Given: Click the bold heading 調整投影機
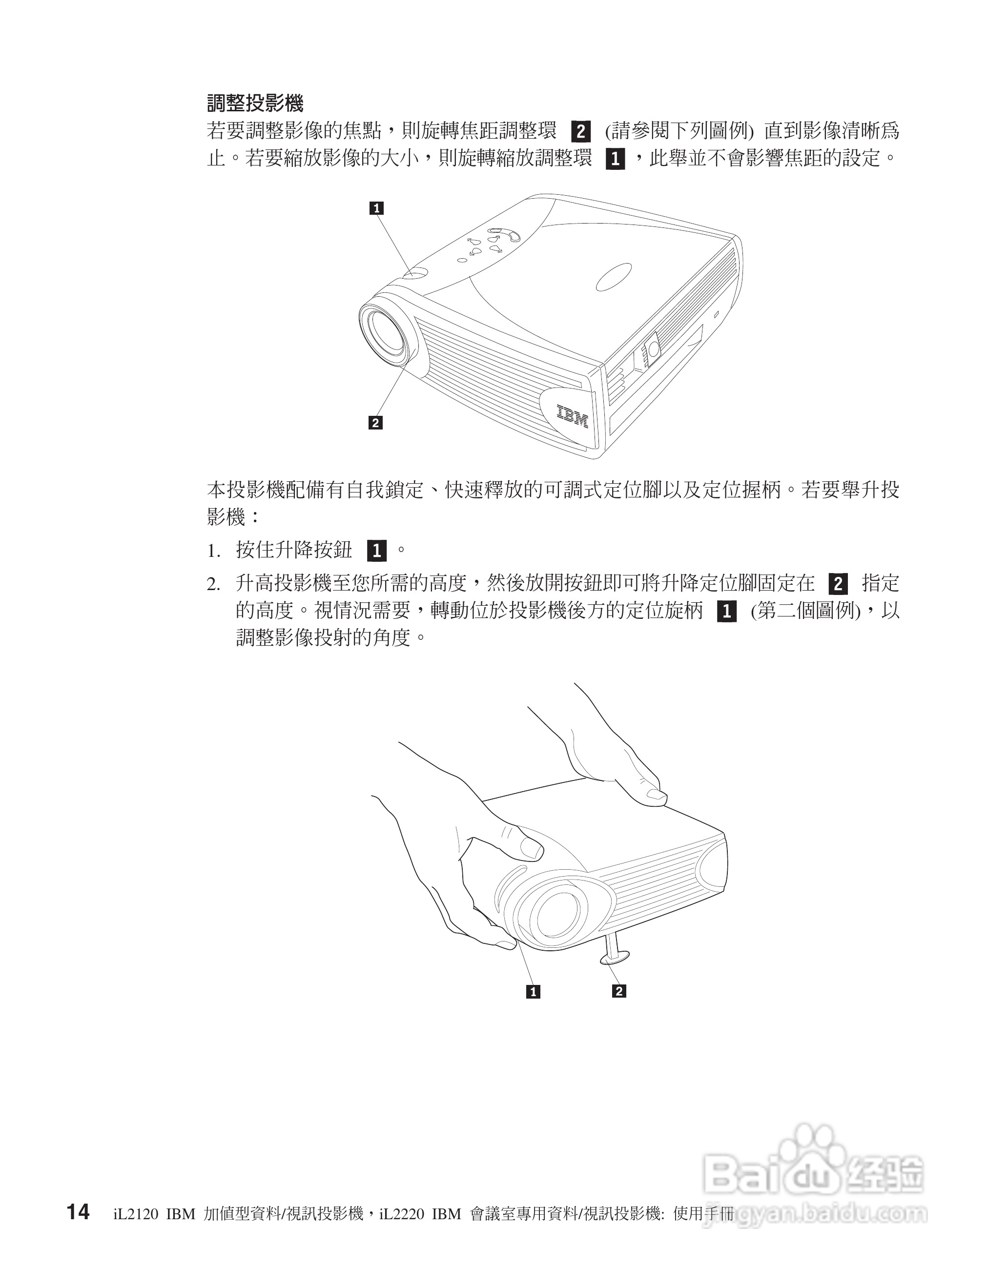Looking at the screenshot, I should coord(255,104).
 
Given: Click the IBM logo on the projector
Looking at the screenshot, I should coord(573,416).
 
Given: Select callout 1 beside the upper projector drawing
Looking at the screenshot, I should coord(377,208).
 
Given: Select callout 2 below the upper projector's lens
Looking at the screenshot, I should coord(375,423).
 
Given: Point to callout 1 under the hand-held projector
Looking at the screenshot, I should coord(533,992).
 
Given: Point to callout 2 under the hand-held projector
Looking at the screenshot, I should coord(619,991).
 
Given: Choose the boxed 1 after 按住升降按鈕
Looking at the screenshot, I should coord(377,550).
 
